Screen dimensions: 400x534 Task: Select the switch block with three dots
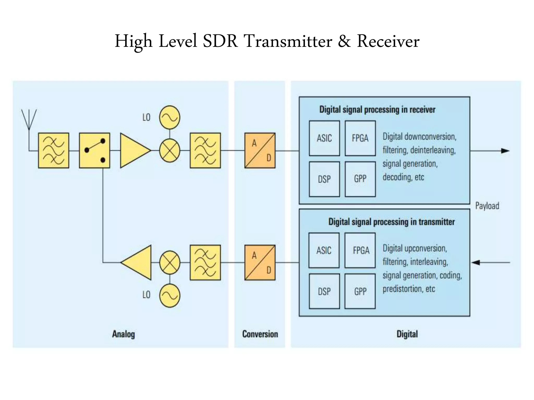pos(94,151)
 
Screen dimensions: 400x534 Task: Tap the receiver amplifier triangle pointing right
pos(133,151)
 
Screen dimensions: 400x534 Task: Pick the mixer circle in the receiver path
pos(170,151)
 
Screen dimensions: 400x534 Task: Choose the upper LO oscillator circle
pos(170,117)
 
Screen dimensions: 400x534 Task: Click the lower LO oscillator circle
pos(170,296)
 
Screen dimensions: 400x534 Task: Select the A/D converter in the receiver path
pos(260,151)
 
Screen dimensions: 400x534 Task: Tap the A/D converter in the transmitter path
pos(260,262)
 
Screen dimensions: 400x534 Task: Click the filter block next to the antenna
pos(53,151)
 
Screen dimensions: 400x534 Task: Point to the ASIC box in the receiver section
pos(324,138)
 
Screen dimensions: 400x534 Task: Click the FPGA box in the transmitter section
pos(360,250)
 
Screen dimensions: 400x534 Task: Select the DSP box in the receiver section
pos(324,179)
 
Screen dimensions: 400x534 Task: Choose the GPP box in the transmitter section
pos(360,291)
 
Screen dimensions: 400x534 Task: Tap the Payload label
pos(487,206)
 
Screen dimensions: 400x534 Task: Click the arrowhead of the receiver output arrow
pos(505,151)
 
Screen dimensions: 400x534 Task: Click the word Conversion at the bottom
pos(260,334)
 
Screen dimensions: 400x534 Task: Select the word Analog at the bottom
pos(123,334)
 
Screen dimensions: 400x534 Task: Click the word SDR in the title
pos(220,41)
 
